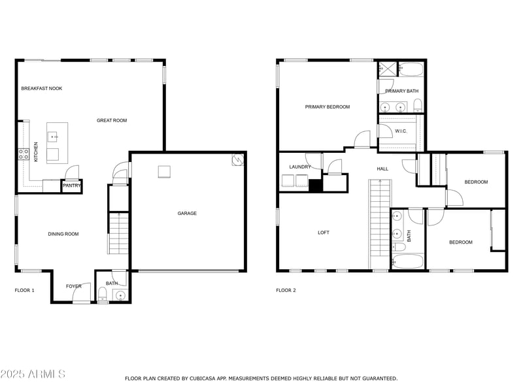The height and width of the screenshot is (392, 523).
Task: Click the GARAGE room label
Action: coord(187,213)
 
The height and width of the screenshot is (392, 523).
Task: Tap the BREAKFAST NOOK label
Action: coord(42,88)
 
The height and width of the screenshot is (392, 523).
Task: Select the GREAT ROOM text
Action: coord(112,120)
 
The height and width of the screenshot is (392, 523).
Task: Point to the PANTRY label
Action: coord(71,186)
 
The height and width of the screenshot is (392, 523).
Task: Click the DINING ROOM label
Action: coord(63,234)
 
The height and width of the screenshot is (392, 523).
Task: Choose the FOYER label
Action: coord(74,286)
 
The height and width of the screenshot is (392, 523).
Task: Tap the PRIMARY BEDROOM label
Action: coord(328,107)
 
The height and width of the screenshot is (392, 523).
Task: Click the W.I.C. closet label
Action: coord(401,131)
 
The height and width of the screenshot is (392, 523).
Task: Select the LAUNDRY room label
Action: coord(300,167)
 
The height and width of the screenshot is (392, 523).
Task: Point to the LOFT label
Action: coord(324,233)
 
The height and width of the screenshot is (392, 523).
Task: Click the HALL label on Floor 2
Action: coord(382,169)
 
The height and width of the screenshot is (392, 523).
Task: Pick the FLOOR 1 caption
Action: coord(24,290)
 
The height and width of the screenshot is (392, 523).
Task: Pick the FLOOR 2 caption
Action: coord(286,290)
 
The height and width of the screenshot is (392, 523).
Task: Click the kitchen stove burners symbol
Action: coord(24,155)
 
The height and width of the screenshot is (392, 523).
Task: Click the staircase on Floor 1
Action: coord(119,234)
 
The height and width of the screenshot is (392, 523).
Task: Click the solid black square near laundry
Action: coord(316,186)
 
